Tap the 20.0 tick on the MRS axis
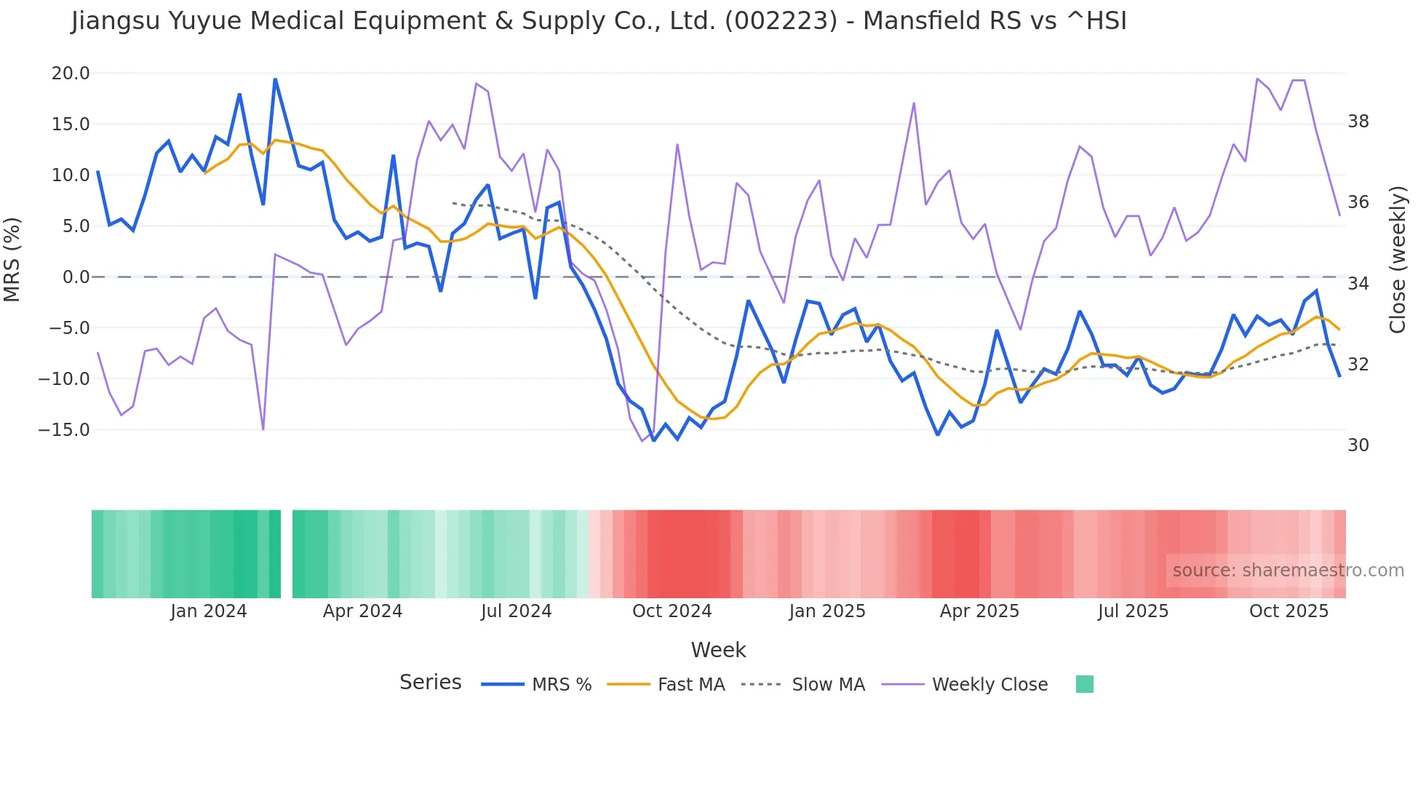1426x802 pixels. [x=71, y=74]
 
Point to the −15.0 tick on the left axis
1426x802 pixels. [x=65, y=430]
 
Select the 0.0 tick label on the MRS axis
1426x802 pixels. [x=76, y=277]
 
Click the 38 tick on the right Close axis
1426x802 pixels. [x=1358, y=122]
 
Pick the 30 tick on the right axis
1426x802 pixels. [x=1358, y=445]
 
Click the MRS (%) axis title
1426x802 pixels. [x=12, y=259]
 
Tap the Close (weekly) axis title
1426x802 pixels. [x=1397, y=260]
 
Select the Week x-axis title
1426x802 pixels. [x=718, y=650]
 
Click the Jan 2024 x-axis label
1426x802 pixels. [x=209, y=611]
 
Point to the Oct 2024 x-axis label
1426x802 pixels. [x=672, y=611]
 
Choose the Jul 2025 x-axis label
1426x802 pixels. [x=1133, y=611]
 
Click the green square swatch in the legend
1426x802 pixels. [x=1084, y=684]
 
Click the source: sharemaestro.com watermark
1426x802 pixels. [x=1288, y=571]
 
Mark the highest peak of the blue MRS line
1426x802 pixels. [x=275, y=79]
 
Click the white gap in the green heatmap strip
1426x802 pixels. [x=287, y=554]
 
